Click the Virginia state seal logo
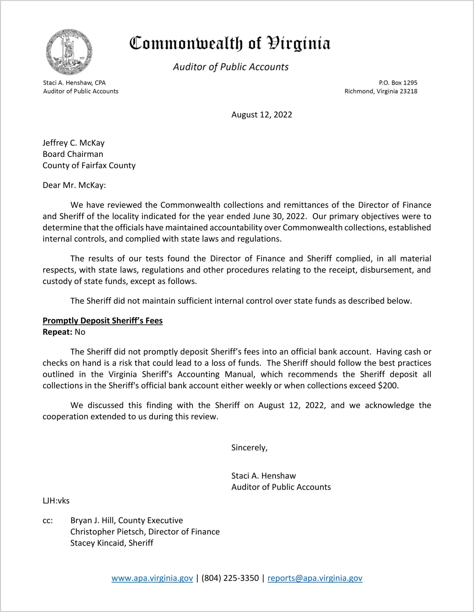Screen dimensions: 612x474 69,52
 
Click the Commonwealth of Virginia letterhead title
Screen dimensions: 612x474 230,43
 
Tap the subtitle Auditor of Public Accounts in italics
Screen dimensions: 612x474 231,67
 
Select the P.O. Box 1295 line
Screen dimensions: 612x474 398,83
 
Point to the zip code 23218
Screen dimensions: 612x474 408,91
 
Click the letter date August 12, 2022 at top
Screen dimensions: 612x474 261,115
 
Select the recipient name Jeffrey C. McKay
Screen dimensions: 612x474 74,143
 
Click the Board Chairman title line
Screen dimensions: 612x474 73,154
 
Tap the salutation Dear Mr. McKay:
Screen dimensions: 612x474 74,185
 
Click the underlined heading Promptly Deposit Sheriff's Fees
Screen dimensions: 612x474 102,321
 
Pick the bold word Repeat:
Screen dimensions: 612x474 57,332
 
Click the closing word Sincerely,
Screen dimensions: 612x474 249,448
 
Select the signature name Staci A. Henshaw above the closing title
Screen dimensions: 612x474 263,476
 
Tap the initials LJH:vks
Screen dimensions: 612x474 56,501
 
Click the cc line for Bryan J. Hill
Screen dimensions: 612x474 127,520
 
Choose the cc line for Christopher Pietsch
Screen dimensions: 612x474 145,532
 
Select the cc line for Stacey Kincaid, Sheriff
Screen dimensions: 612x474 112,543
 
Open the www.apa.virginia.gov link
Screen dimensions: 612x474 152,578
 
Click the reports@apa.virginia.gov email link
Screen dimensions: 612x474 315,578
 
